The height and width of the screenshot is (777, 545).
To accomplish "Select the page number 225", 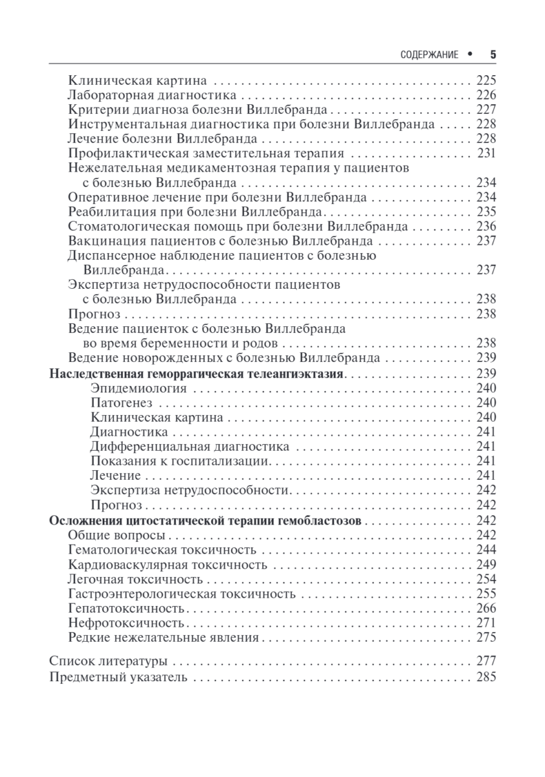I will click(x=485, y=82).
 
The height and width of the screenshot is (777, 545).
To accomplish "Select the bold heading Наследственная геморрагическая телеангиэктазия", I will click(x=197, y=374).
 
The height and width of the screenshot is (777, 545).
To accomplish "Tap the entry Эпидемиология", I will click(x=139, y=388).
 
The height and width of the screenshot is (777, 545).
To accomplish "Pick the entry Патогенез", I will click(x=121, y=403).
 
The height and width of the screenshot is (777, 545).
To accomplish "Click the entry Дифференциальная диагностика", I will click(x=190, y=447).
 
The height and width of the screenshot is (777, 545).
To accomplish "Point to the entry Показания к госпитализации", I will click(x=179, y=461).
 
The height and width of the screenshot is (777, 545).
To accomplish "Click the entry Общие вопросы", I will click(x=116, y=535).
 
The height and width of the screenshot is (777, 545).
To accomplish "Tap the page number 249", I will click(x=485, y=565).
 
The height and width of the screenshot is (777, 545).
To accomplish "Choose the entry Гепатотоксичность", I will click(x=126, y=609).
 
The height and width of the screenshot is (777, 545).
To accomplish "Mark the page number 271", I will click(x=485, y=623).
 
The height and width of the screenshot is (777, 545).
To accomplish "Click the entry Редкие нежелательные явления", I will click(x=163, y=638).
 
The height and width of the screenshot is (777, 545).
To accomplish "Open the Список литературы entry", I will click(x=108, y=662).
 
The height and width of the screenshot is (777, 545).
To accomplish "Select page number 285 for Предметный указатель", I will click(x=485, y=678).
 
